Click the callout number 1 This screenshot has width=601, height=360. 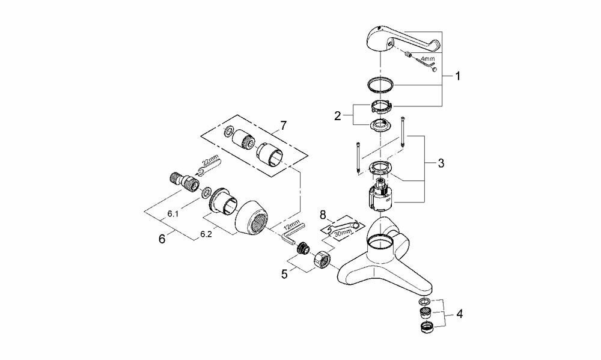(x=458, y=77)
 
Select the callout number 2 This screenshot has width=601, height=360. (x=338, y=115)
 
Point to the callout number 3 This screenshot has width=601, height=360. (x=441, y=163)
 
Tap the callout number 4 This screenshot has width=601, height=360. (x=459, y=313)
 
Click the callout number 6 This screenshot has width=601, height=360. (x=161, y=239)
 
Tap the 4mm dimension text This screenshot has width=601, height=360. (x=427, y=59)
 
